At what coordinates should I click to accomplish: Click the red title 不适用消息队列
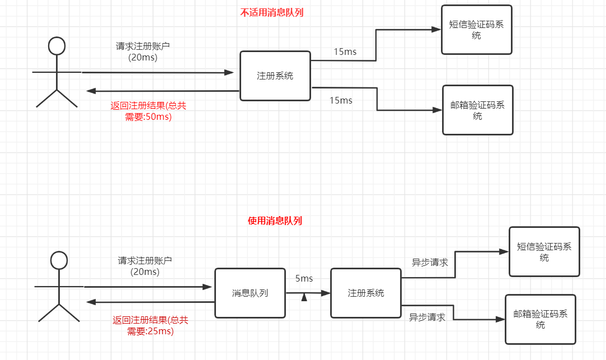(271, 13)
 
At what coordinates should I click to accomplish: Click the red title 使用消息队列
(275, 221)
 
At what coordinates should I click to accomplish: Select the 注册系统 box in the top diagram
(275, 76)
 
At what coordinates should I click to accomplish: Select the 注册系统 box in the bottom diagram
(365, 293)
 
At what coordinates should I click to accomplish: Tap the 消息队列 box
(250, 293)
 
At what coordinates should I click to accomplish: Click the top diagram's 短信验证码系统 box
(476, 30)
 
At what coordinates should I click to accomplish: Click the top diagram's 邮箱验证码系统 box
(477, 110)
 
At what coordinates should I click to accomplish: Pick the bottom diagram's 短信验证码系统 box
(544, 252)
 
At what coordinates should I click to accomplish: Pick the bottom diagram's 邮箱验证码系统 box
(540, 319)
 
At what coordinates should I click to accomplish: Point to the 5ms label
(304, 278)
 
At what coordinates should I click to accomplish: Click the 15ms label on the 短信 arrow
(345, 52)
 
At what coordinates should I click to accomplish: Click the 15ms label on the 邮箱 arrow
(341, 100)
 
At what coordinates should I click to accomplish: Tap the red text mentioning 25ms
(150, 326)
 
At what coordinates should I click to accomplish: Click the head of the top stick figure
(57, 46)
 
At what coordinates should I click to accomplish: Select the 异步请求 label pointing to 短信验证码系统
(430, 262)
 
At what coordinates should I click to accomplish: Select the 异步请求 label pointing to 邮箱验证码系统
(427, 317)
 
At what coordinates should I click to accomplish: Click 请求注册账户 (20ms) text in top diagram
(143, 52)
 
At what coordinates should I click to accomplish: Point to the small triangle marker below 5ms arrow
(304, 297)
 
